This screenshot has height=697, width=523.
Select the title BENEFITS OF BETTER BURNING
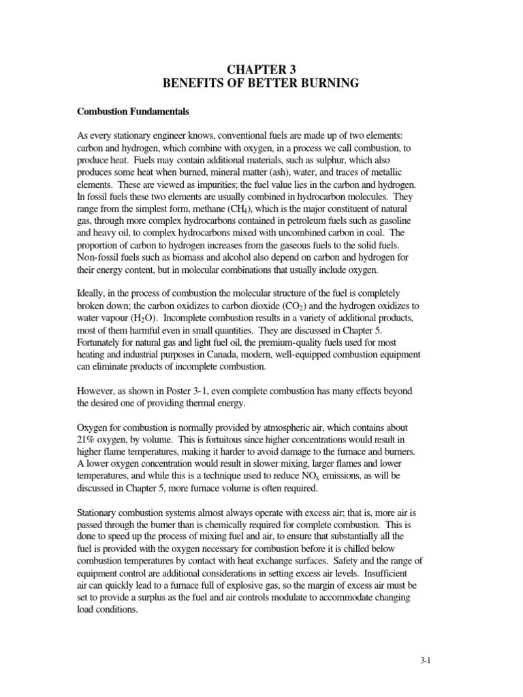[261, 84]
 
